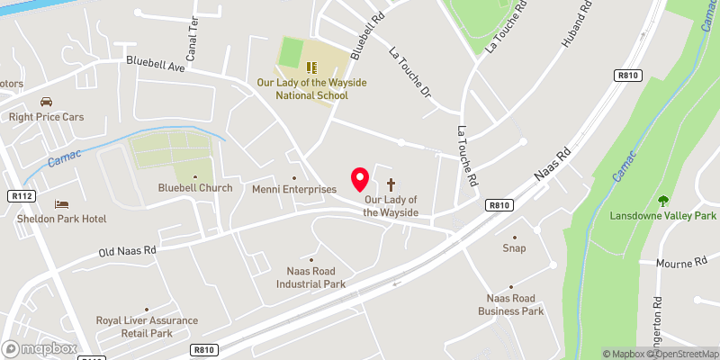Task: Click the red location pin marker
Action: click(x=360, y=179)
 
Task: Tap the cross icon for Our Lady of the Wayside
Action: click(x=390, y=183)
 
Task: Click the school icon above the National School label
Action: click(x=311, y=67)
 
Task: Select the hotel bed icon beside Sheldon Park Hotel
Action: click(x=61, y=204)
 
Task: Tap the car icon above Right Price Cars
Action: click(x=46, y=102)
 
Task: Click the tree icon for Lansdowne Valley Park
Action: click(x=663, y=201)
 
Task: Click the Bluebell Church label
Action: click(x=194, y=188)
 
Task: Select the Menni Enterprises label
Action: click(x=294, y=189)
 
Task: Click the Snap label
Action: click(x=514, y=248)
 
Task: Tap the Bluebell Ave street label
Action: click(x=155, y=63)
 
